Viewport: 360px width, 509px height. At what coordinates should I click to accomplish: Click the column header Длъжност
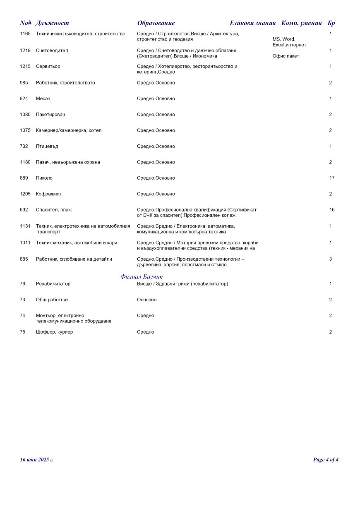[52, 23]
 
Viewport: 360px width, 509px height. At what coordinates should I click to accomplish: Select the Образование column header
[156, 23]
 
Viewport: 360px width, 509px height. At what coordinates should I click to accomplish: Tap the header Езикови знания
[252, 23]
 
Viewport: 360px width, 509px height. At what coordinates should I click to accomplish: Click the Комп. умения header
[301, 23]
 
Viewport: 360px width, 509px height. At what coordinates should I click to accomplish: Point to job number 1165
[25, 34]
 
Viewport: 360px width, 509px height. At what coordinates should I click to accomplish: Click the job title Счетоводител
[52, 50]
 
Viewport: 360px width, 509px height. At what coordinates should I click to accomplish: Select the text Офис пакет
[286, 56]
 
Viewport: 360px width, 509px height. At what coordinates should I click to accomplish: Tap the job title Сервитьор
[48, 67]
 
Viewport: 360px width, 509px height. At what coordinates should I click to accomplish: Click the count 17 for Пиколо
[331, 178]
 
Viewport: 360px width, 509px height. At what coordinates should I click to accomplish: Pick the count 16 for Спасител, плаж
[331, 210]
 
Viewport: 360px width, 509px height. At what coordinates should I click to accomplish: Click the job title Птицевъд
[47, 146]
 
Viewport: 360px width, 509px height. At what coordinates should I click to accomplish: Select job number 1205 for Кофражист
[25, 194]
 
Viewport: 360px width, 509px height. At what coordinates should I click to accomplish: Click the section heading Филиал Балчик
[142, 276]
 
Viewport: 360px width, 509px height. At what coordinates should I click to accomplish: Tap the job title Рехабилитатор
[53, 284]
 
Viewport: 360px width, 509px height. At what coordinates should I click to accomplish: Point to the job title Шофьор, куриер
[54, 332]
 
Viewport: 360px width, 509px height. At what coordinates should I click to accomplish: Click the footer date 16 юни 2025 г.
[37, 460]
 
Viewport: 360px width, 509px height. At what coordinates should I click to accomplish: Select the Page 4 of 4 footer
[326, 460]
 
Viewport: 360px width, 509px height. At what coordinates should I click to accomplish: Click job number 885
[24, 259]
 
